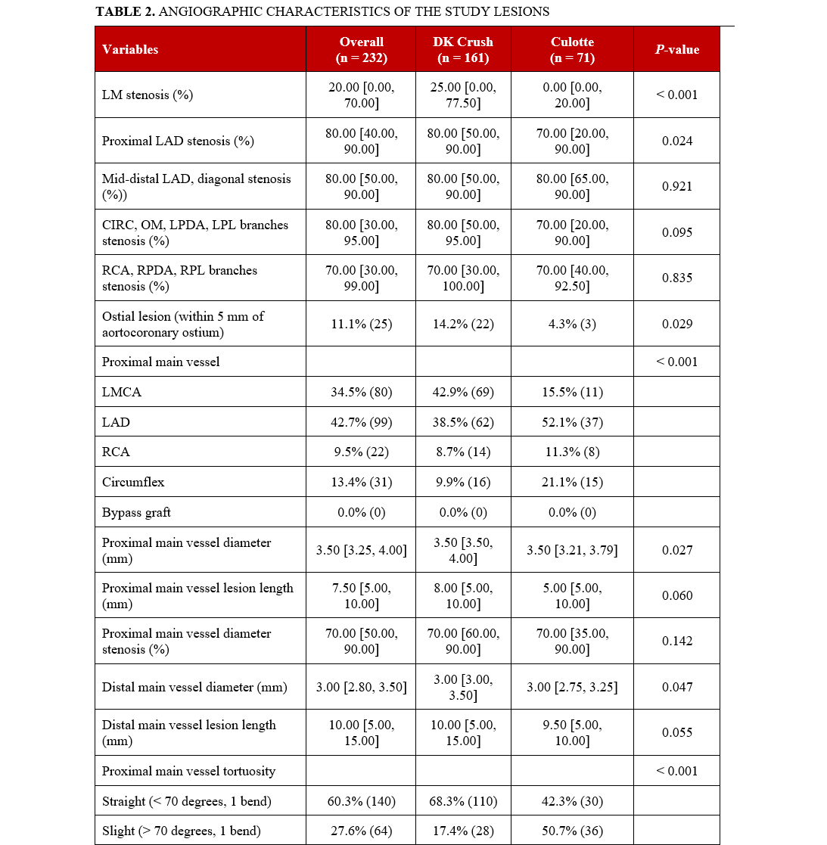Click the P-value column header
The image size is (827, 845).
tap(676, 49)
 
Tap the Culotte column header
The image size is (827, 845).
tap(572, 49)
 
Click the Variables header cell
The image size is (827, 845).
tap(130, 49)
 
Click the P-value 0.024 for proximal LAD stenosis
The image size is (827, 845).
tap(676, 141)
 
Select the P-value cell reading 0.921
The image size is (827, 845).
tap(676, 187)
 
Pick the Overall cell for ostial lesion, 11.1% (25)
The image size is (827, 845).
tap(361, 324)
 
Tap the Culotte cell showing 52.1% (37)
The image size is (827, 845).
tap(572, 422)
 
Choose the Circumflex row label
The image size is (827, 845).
tap(133, 482)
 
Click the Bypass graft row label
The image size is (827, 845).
tap(136, 512)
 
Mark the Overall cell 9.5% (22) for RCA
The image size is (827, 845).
tap(361, 452)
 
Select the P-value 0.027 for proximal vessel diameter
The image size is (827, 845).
tap(676, 550)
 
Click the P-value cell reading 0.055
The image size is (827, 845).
tap(676, 732)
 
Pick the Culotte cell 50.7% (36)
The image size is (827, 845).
tap(572, 831)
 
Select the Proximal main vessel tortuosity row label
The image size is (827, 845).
tap(188, 771)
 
